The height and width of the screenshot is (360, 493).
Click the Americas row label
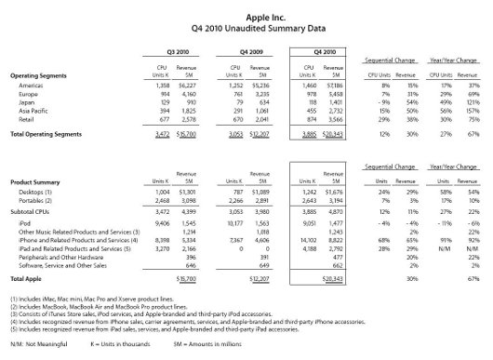tap(28, 84)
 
